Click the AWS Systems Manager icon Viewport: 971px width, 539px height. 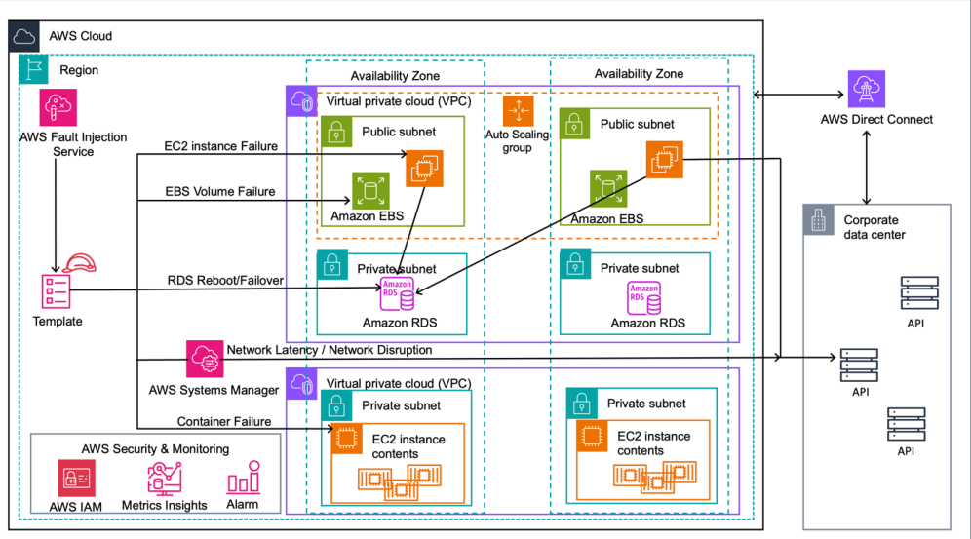tap(206, 359)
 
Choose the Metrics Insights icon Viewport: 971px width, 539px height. tap(164, 478)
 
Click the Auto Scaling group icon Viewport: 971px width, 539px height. tap(518, 110)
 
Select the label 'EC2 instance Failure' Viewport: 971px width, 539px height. tap(221, 147)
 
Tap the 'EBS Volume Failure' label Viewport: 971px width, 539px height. tap(219, 192)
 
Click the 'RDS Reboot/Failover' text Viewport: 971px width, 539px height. tap(225, 281)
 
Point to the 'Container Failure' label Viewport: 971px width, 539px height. tap(223, 421)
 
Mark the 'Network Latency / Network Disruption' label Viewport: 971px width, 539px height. tap(329, 350)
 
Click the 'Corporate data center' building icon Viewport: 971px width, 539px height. tap(818, 220)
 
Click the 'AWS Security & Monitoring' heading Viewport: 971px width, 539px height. tap(156, 449)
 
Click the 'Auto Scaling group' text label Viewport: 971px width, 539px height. tap(517, 141)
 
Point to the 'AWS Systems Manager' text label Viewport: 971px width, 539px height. tap(214, 390)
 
